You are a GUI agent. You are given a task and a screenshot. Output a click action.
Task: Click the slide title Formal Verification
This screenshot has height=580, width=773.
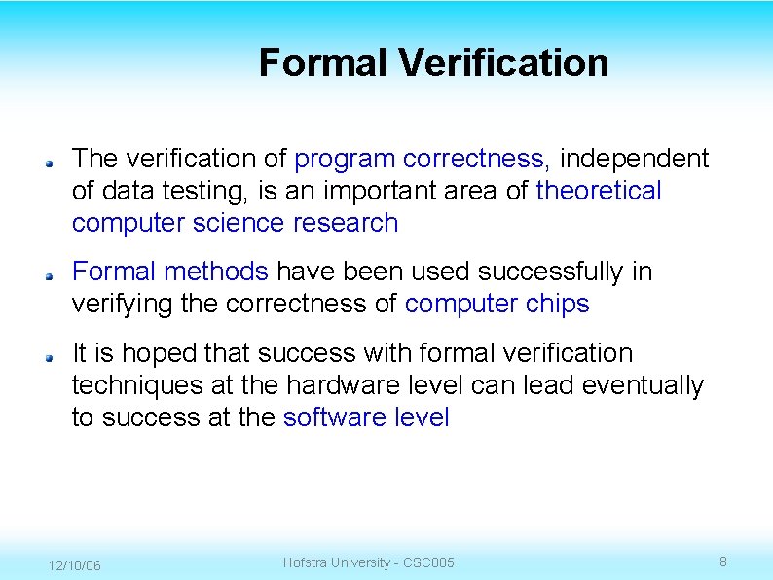(433, 63)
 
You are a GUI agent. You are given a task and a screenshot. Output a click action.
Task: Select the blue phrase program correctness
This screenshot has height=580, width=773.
(419, 159)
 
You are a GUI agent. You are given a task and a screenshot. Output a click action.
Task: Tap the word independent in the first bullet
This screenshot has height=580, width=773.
(636, 159)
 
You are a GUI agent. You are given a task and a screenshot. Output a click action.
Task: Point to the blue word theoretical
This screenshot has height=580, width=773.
(599, 191)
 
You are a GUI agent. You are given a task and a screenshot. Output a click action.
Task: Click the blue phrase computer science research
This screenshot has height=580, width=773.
(235, 223)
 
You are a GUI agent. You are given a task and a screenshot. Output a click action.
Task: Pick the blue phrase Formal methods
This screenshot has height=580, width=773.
(169, 272)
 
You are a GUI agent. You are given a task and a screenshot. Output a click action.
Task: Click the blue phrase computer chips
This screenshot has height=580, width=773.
(497, 304)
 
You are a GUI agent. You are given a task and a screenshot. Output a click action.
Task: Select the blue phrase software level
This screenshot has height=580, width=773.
(366, 417)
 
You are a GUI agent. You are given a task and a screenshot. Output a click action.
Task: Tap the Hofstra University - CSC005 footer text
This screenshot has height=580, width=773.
(368, 562)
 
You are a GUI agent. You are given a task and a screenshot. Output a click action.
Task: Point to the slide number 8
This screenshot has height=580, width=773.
(723, 562)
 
